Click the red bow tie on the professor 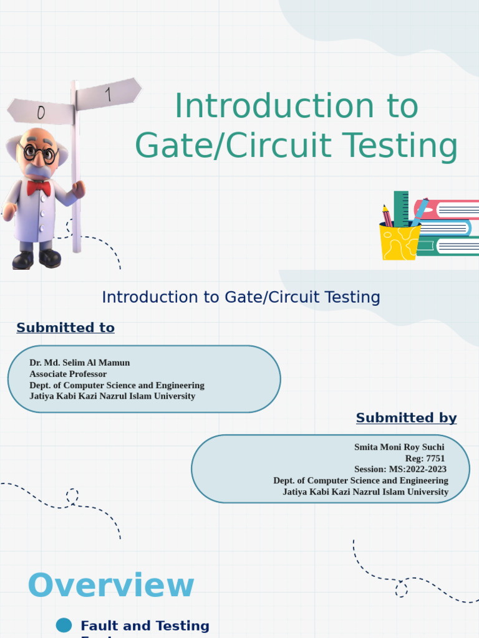coord(39,188)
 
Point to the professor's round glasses coord(39,152)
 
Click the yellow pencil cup coord(399,242)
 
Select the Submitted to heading coord(65,328)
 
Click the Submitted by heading coord(406,418)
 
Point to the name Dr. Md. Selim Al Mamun coord(80,363)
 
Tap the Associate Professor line coord(68,374)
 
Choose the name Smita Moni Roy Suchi coord(399,447)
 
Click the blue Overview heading coord(111,586)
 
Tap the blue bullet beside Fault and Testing coord(64,626)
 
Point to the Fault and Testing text coord(145,626)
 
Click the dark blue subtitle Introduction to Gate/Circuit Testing coord(241,297)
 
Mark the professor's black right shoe coord(22,260)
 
